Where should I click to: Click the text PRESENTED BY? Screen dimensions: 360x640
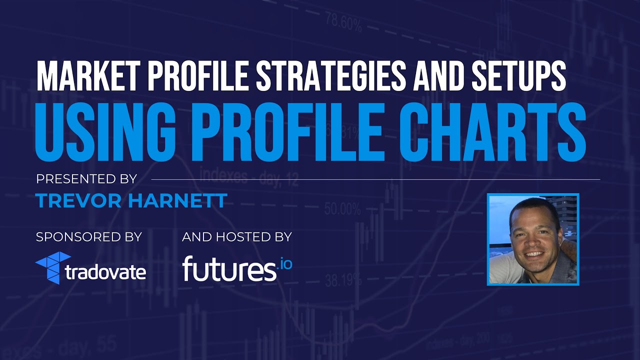coord(86,179)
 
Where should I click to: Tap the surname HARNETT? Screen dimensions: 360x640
coord(177,201)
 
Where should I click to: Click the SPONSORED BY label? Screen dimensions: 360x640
coord(89,237)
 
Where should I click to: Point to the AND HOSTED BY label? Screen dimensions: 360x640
coord(237,237)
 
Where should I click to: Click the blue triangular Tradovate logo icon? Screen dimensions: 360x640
coord(52,267)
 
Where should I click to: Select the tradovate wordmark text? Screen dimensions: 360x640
coord(105,272)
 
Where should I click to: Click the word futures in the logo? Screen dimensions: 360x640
coord(229,269)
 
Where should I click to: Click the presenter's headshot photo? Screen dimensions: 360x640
coord(533,239)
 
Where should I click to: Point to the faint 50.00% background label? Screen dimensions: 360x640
coord(342,208)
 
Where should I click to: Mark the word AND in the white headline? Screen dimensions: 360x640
coord(440,76)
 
